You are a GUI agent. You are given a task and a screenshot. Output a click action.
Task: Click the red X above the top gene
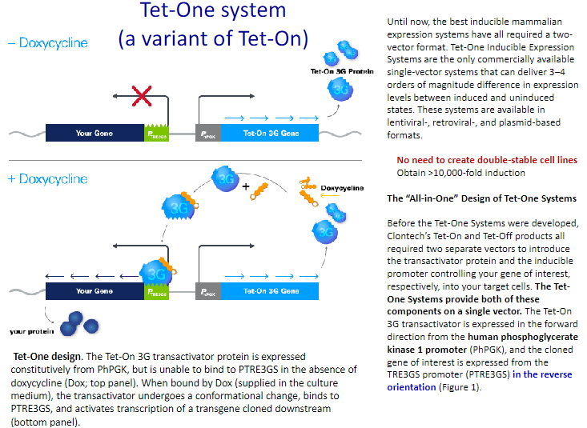point(142,98)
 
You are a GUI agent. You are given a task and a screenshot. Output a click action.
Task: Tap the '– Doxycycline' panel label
point(48,42)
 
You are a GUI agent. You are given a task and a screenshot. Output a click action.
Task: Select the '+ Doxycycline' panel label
point(48,178)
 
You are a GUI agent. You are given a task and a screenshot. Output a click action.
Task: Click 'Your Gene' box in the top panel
point(95,134)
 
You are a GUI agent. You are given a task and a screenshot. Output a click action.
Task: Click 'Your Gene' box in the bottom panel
point(95,291)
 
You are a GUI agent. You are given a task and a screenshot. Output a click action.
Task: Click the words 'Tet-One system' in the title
point(212,11)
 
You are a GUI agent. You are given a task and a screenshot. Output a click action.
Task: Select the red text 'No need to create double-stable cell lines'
point(487,160)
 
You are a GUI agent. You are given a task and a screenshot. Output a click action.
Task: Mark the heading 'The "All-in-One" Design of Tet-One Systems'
point(481,198)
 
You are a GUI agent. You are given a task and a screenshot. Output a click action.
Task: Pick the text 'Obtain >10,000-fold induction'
point(460,172)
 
